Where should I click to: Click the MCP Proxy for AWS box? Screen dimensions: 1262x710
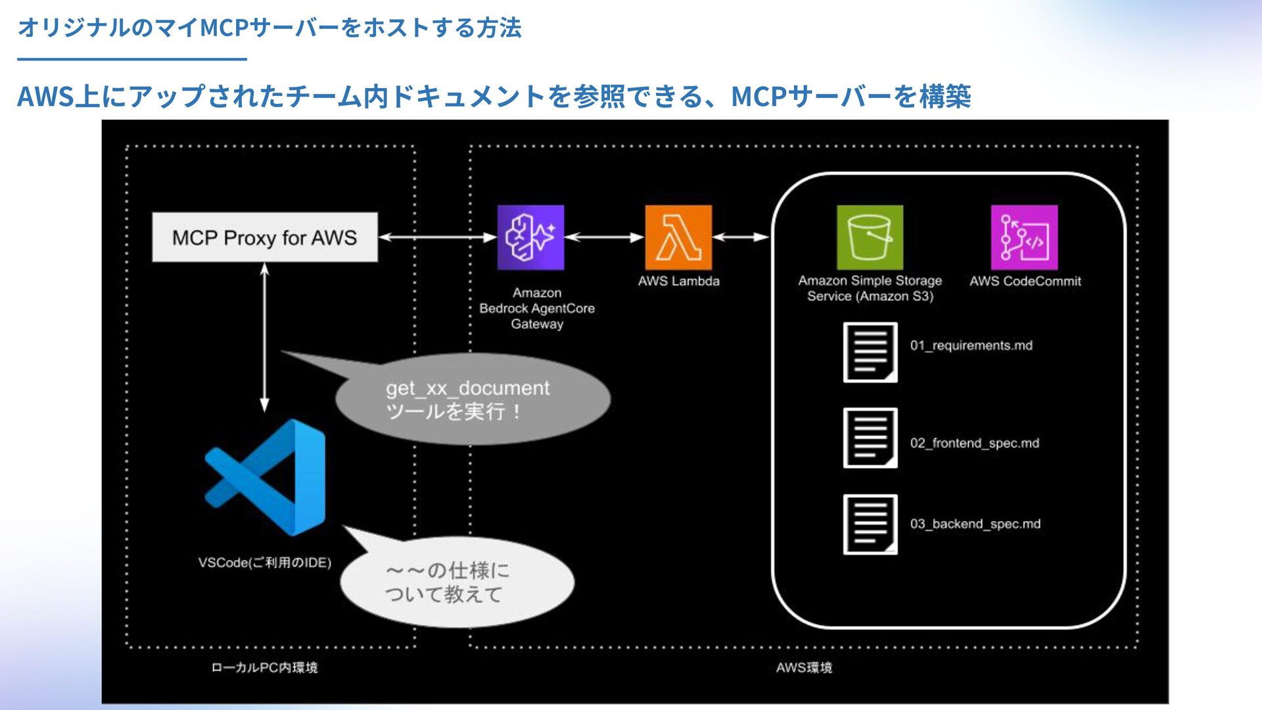[x=265, y=237]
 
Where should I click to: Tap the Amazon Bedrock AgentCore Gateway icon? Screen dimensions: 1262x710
[x=530, y=237]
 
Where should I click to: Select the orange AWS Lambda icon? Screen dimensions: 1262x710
[x=678, y=237]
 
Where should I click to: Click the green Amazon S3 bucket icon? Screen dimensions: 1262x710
[x=870, y=237]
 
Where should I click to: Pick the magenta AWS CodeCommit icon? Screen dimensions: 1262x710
[x=1024, y=237]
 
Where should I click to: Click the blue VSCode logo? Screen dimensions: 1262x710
[x=265, y=477]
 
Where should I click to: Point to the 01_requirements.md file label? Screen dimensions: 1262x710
[x=971, y=346]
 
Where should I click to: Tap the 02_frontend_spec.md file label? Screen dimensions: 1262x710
[x=975, y=443]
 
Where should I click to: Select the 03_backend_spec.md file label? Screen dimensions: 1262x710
[x=975, y=524]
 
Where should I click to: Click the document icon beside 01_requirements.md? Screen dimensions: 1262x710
[x=870, y=352]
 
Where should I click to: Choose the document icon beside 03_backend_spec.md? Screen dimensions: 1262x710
[x=870, y=525]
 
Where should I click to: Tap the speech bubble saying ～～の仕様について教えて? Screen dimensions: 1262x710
[x=457, y=580]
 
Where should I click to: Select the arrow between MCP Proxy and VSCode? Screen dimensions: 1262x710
[x=264, y=337]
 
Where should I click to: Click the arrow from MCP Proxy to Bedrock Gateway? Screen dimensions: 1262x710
[x=438, y=237]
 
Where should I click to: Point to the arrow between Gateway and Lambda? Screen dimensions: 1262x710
[x=605, y=237]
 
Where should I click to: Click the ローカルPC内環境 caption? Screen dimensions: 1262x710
[x=264, y=668]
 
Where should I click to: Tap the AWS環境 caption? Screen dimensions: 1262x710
[x=804, y=668]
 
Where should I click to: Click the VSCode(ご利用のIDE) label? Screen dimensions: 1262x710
[x=265, y=563]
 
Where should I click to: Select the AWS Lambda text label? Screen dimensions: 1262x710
[x=679, y=281]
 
